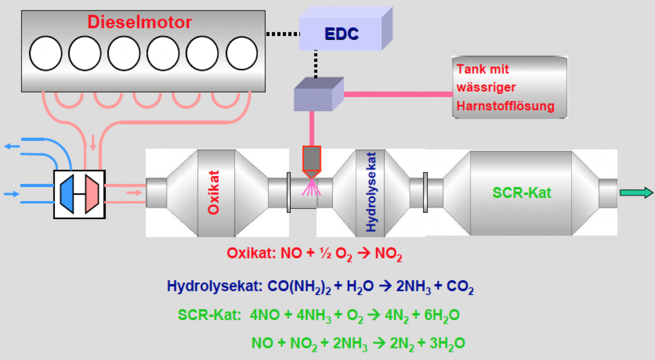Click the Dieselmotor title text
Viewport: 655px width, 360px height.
[140, 22]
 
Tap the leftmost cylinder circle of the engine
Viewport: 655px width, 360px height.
[46, 53]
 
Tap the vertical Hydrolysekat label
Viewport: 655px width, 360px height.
[371, 193]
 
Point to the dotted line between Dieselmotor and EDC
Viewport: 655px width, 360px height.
[282, 34]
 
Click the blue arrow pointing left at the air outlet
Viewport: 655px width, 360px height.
[10, 146]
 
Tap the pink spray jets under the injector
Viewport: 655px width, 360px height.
[312, 188]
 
